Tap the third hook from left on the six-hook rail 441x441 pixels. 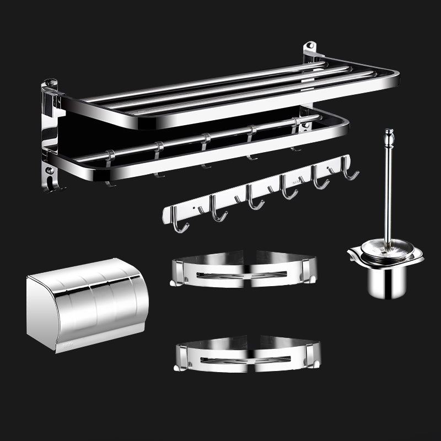point(252,199)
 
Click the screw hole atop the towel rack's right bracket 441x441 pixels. point(311,45)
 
